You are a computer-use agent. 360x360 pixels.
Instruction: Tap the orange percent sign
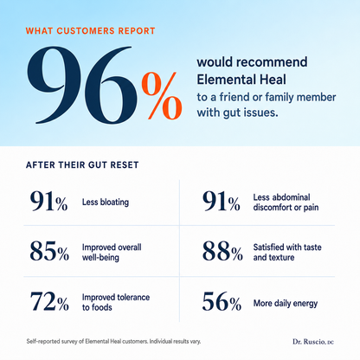[162, 96]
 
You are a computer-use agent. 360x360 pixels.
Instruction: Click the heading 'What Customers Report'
[90, 31]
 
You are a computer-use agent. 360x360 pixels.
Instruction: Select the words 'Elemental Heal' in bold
[241, 80]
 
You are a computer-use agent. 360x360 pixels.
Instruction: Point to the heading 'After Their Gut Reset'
[82, 165]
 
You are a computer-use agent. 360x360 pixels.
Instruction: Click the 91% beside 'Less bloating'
[48, 201]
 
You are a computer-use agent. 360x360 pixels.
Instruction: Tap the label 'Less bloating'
[106, 202]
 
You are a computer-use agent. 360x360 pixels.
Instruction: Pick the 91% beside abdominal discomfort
[221, 201]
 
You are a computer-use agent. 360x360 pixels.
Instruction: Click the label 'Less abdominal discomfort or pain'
[286, 202]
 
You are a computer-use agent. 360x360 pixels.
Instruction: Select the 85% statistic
[49, 251]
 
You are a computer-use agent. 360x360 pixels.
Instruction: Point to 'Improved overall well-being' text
[112, 252]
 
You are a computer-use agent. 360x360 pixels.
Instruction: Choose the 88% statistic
[222, 251]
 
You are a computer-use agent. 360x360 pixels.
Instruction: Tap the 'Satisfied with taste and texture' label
[287, 252]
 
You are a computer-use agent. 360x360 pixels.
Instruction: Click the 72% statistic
[49, 301]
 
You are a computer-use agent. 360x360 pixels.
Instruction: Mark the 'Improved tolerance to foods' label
[116, 302]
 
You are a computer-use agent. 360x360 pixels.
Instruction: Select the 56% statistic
[222, 301]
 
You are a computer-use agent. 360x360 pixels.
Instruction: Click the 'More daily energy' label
[286, 303]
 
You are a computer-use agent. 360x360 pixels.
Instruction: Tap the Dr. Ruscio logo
[313, 342]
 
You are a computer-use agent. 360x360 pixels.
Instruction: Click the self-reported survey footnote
[113, 341]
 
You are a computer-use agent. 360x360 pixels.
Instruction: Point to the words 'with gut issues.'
[238, 112]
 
